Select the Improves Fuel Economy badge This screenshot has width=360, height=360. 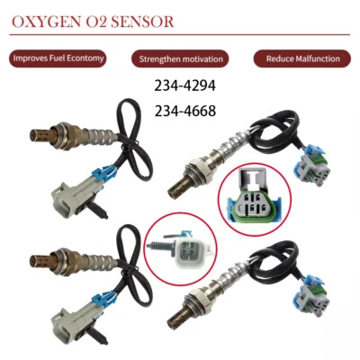coord(58,58)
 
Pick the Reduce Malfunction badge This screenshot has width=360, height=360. coord(302,58)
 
